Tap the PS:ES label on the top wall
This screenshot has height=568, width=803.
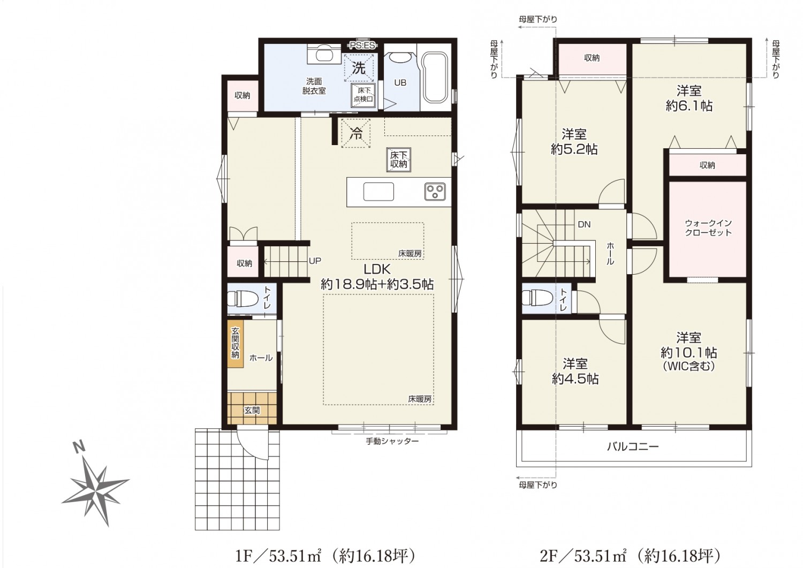(362, 46)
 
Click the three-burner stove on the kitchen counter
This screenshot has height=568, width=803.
(435, 192)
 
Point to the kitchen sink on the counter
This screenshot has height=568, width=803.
(378, 192)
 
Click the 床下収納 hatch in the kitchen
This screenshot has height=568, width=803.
(399, 160)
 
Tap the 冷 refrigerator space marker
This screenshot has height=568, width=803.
(355, 134)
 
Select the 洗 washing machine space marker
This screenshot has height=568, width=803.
(359, 68)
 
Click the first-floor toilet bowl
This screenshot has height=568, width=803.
(242, 298)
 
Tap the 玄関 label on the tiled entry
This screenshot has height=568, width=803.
(252, 410)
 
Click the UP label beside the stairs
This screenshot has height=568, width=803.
(315, 261)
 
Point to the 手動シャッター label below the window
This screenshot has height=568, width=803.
(392, 441)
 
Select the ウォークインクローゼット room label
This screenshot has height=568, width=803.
(708, 228)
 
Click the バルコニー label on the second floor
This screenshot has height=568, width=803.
(633, 447)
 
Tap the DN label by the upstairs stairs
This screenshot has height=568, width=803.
(584, 225)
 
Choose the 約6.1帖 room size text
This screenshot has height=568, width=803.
(689, 106)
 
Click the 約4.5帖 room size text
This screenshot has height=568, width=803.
(575, 379)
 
